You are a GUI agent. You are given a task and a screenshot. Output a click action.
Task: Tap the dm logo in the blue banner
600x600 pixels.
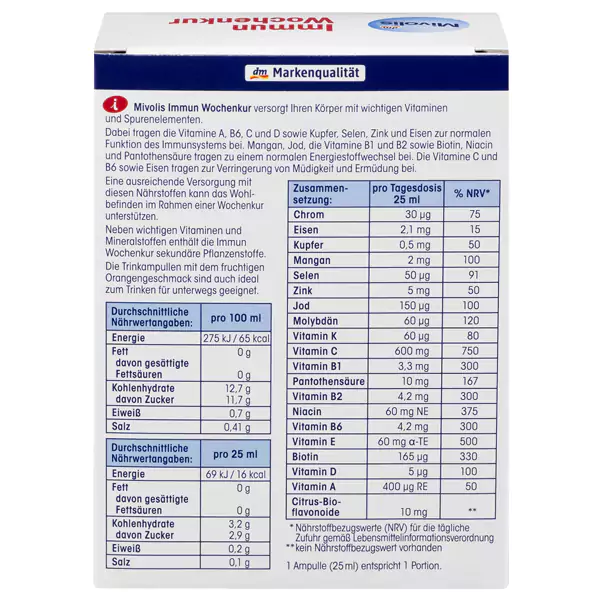(254, 73)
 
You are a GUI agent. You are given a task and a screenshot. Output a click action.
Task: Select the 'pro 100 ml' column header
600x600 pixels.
(234, 319)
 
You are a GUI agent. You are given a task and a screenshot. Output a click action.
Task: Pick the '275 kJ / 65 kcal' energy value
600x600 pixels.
(234, 339)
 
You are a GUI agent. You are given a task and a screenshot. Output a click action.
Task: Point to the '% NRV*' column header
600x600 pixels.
(471, 192)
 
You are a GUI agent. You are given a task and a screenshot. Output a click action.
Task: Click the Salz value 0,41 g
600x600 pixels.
(236, 427)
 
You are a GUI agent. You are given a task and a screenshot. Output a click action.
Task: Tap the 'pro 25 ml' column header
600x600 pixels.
(234, 453)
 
